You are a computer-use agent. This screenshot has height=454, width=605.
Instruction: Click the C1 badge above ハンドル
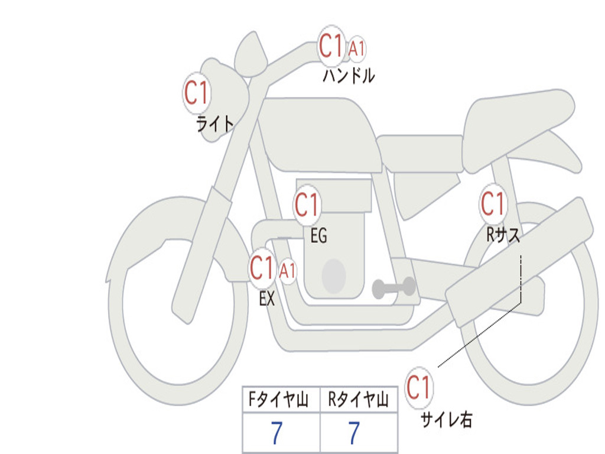331,46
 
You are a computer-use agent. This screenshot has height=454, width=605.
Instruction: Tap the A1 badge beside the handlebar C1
356,50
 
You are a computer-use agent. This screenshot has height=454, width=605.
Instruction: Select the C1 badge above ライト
197,93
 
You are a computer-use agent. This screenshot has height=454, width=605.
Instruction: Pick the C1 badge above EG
307,205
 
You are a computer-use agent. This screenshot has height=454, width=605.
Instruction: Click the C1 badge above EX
263,268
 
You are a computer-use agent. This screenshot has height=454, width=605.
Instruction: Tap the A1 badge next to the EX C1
287,272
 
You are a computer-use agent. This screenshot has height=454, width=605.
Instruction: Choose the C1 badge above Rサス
493,204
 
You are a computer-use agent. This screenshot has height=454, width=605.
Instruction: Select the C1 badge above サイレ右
419,388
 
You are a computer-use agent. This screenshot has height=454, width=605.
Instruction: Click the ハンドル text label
349,76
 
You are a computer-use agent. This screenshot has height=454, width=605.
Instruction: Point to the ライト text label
215,124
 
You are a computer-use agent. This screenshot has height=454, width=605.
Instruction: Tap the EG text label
318,236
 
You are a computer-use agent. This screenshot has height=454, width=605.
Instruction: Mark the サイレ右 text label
447,420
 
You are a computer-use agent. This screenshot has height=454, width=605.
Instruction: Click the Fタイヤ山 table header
280,401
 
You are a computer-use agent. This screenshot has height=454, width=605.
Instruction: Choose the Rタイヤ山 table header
359,401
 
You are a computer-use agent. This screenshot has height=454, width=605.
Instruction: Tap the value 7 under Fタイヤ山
277,433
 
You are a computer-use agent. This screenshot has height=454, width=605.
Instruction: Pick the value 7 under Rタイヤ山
353,433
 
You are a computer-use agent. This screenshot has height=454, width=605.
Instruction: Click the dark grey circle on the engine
333,275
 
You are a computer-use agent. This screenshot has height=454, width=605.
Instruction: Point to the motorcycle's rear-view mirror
251,53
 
